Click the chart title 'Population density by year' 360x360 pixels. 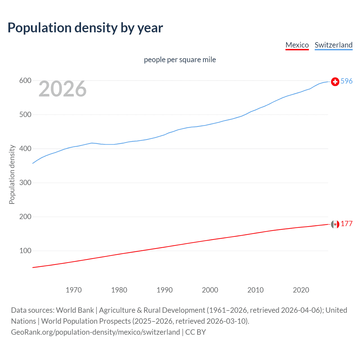[85, 28]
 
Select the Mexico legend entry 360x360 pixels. [297, 45]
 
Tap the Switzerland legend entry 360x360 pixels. [333, 45]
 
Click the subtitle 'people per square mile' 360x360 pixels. [180, 60]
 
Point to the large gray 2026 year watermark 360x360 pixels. [62, 89]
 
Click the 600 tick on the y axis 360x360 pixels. [25, 81]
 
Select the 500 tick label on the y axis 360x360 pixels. [25, 115]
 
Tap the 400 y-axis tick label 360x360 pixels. [25, 149]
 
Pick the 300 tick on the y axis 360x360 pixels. [25, 183]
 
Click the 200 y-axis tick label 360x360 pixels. [25, 217]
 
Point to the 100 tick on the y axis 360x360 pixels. [25, 251]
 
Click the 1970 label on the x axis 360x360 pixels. [73, 290]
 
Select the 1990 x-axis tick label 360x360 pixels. [165, 290]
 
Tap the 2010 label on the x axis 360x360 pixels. [255, 290]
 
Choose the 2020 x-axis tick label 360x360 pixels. [301, 290]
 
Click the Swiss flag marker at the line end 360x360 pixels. [335, 82]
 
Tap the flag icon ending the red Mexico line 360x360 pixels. [335, 224]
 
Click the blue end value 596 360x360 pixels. [346, 81]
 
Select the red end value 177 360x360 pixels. [346, 224]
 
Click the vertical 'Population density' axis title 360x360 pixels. [12, 174]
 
